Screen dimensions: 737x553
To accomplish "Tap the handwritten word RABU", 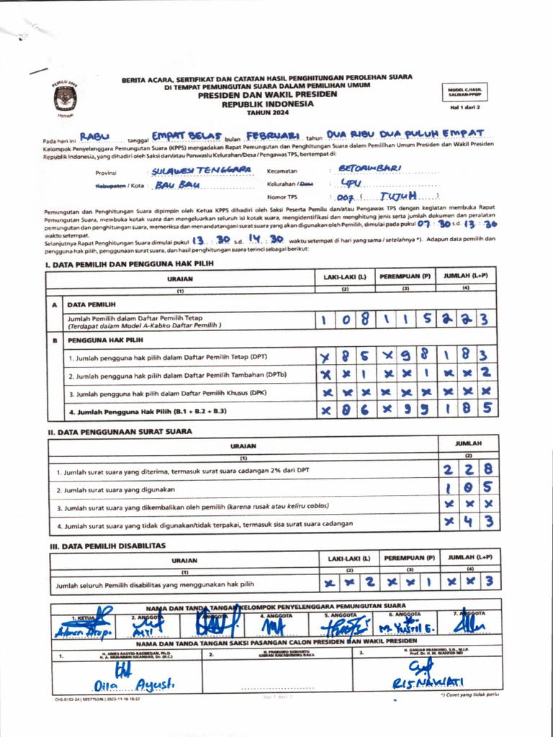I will pyautogui.click(x=94, y=135).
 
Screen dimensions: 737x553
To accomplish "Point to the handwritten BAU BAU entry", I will pyautogui.click(x=176, y=184).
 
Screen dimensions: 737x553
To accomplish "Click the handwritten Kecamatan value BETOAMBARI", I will pyautogui.click(x=369, y=168).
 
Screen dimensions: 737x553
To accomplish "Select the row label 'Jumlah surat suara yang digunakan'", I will pyautogui.click(x=117, y=489).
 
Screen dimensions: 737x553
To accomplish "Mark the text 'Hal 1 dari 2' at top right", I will pyautogui.click(x=464, y=107).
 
